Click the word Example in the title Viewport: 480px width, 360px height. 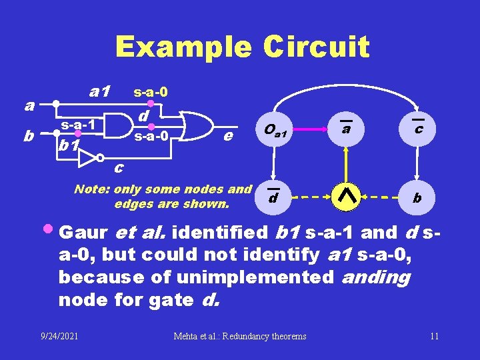coord(183,47)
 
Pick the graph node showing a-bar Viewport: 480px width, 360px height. coord(345,129)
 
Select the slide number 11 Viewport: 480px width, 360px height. coord(434,336)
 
